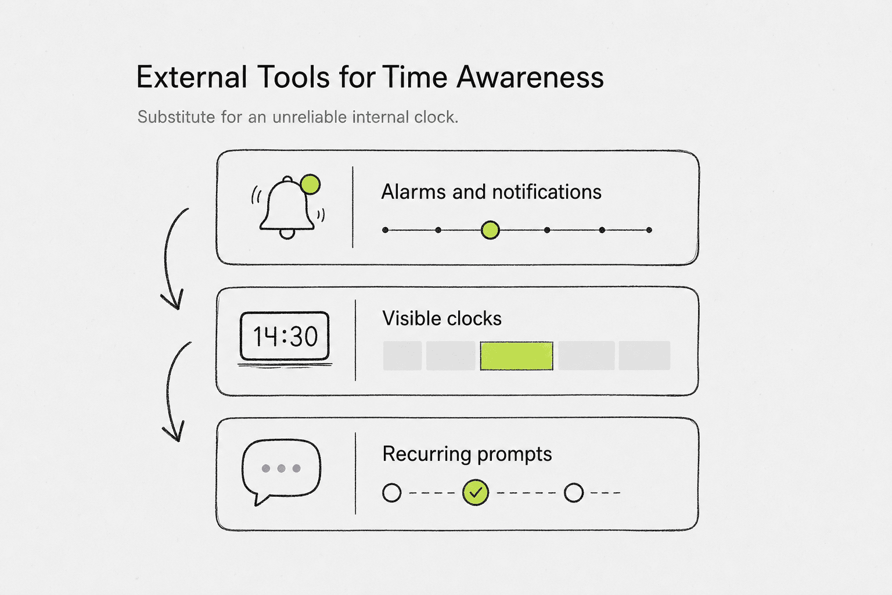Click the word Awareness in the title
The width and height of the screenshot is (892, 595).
[530, 77]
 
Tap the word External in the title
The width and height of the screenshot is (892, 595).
[192, 77]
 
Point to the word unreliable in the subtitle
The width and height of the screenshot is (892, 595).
[310, 117]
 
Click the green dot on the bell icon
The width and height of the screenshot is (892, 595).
[310, 185]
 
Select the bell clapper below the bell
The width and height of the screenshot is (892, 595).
[287, 234]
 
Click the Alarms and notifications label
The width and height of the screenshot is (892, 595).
[491, 192]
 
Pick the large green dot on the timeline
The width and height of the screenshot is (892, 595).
[490, 230]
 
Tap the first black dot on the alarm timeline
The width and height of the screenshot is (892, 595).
[385, 230]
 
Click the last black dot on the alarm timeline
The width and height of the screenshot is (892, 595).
[649, 230]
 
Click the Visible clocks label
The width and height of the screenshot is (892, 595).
[442, 318]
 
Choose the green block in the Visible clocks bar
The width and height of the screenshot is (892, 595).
[516, 356]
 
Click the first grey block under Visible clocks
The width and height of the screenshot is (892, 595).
[402, 356]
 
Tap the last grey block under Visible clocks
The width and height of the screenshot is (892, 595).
[644, 356]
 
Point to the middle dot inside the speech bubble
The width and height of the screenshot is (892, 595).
[281, 468]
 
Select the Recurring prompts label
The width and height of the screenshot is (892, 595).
[467, 454]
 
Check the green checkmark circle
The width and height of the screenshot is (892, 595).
[476, 493]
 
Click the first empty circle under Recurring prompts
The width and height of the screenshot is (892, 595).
[392, 493]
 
